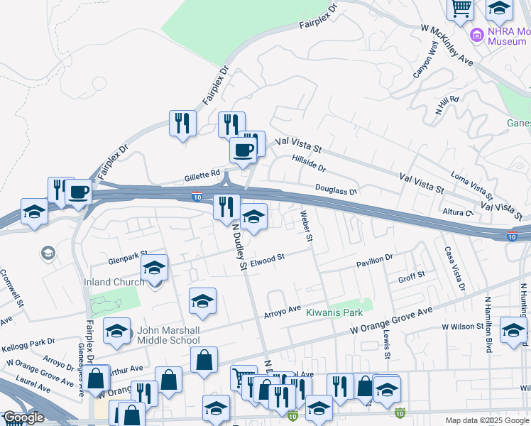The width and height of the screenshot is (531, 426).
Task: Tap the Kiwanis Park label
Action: [x=334, y=312]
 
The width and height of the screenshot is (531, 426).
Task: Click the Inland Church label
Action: [x=114, y=282]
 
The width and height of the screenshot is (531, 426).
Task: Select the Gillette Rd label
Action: [x=205, y=174]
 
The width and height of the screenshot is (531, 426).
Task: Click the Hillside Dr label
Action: [x=309, y=165]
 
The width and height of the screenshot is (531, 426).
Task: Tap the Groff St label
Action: [x=411, y=275]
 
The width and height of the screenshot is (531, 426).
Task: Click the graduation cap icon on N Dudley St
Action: [x=253, y=216]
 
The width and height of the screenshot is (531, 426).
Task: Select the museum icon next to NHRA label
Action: [x=476, y=34]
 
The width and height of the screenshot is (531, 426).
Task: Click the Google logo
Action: [x=23, y=417]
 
